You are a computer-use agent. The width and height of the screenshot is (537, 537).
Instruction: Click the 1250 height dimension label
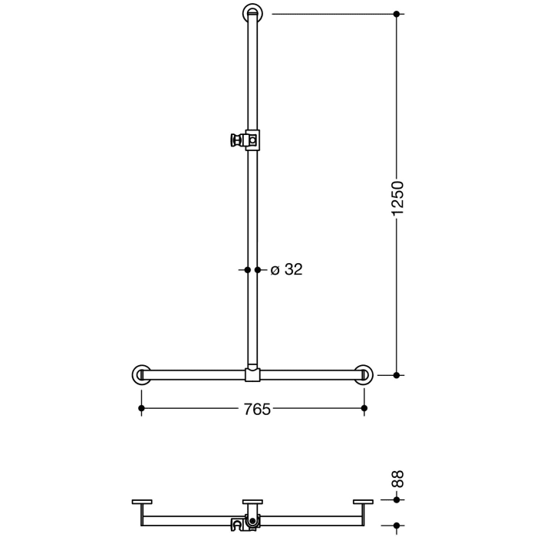pyautogui.click(x=397, y=199)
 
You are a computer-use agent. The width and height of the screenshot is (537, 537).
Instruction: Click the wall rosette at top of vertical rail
pyautogui.click(x=253, y=13)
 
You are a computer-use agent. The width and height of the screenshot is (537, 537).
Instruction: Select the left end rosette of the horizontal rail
pyautogui.click(x=140, y=374)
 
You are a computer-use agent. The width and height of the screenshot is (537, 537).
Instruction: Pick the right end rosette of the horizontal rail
pyautogui.click(x=364, y=374)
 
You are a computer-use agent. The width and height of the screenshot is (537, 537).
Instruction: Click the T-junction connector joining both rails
pyautogui.click(x=252, y=374)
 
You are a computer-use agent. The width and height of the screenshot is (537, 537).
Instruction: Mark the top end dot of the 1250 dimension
pyautogui.click(x=397, y=14)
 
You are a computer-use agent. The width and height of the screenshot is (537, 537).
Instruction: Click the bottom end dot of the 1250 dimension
pyautogui.click(x=397, y=375)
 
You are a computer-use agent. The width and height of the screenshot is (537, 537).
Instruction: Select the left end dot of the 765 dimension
pyautogui.click(x=140, y=410)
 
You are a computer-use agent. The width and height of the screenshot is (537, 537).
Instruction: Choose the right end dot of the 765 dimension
pyautogui.click(x=364, y=410)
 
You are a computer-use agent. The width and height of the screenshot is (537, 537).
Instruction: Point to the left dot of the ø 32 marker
pyautogui.click(x=247, y=269)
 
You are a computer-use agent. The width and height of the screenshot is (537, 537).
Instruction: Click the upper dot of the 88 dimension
pyautogui.click(x=397, y=499)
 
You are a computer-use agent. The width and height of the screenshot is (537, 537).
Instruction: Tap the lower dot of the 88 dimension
pyautogui.click(x=397, y=525)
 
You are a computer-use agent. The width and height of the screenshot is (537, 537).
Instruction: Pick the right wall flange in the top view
pyautogui.click(x=364, y=502)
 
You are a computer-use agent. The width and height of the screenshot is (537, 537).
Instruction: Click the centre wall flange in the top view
pyautogui.click(x=252, y=502)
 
